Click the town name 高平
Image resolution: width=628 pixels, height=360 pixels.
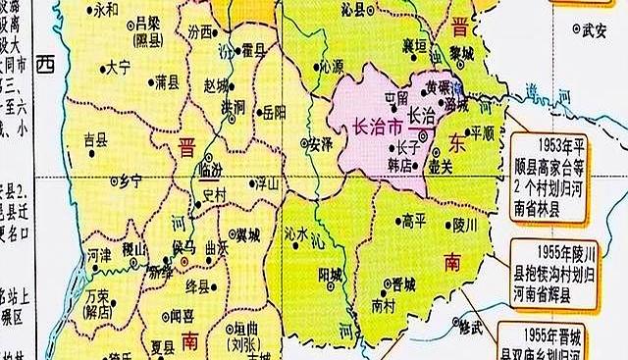(x=413, y=222)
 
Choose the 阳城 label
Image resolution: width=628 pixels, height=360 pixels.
(x=330, y=275)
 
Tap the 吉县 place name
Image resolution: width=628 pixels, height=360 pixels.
(x=95, y=139)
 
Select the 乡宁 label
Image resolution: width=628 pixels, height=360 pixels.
(x=129, y=180)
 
